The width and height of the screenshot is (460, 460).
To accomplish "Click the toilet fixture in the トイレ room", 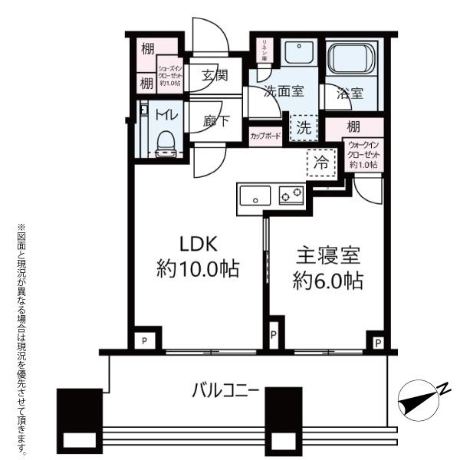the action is click(166, 144).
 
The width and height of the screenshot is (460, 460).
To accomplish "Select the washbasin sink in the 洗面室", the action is click(299, 52).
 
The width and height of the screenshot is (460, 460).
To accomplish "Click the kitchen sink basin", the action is click(255, 195).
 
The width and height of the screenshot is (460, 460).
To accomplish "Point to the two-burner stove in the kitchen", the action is click(291, 195).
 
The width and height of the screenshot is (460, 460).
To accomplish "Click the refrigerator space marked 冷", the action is click(321, 163).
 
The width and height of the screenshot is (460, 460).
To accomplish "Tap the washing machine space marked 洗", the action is click(304, 127).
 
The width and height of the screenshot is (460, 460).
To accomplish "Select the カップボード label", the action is click(265, 136).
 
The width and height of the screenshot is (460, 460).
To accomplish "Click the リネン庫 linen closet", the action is click(264, 50).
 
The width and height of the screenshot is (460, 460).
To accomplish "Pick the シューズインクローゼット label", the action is click(170, 76).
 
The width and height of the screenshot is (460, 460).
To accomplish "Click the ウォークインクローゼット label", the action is click(363, 155).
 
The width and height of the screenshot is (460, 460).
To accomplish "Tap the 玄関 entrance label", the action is click(215, 75).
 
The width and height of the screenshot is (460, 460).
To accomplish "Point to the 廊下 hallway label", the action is click(216, 120).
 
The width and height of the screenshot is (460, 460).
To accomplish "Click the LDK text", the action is click(199, 244).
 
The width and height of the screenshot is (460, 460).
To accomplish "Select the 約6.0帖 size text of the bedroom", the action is click(328, 281).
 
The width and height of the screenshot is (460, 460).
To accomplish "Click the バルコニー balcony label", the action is click(225, 391).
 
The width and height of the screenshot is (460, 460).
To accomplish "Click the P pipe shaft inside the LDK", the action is click(144, 340).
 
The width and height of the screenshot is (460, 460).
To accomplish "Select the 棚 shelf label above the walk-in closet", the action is click(353, 127).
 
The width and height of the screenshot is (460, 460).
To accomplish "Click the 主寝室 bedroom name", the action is click(328, 255).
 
